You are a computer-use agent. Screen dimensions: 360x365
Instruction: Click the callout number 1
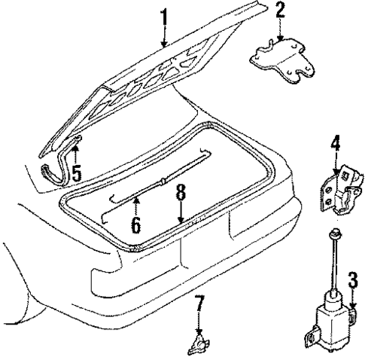[x=164, y=14]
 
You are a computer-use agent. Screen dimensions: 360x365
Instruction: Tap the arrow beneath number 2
[x=279, y=33]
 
